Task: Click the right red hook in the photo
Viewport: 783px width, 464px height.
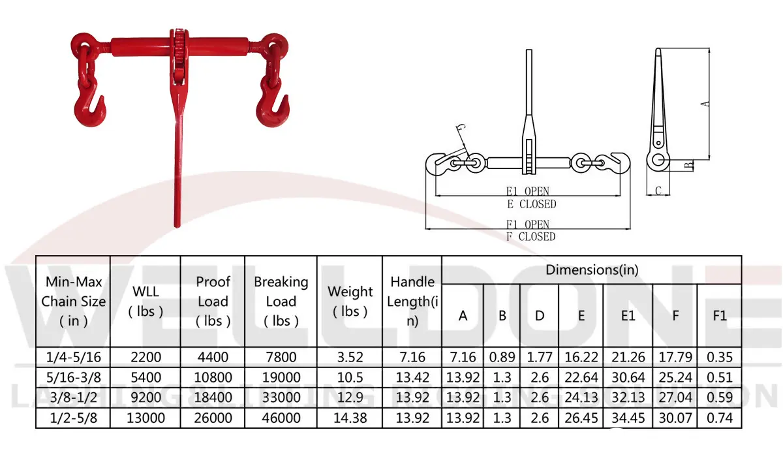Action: tap(274, 108)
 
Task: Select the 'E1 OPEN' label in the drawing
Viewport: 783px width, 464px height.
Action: tap(528, 191)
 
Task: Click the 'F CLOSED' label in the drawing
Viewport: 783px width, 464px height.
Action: tap(530, 237)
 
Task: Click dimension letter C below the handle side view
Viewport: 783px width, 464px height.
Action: tap(658, 191)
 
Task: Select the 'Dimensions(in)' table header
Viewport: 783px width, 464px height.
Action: tap(591, 270)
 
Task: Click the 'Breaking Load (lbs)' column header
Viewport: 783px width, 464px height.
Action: tap(281, 301)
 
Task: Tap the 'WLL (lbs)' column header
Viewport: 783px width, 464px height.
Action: tap(146, 301)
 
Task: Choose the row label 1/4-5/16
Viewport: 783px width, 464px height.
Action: tap(73, 357)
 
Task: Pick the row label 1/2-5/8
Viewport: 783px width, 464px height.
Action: tap(73, 418)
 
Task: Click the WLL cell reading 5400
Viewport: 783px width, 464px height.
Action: tap(146, 378)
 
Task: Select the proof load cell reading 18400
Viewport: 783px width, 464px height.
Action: tap(213, 398)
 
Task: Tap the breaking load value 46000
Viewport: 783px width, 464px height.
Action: tap(281, 418)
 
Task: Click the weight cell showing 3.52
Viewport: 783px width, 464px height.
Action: tap(350, 357)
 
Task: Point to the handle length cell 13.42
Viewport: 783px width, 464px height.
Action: tap(412, 378)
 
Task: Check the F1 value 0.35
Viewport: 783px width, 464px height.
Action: tap(720, 357)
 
